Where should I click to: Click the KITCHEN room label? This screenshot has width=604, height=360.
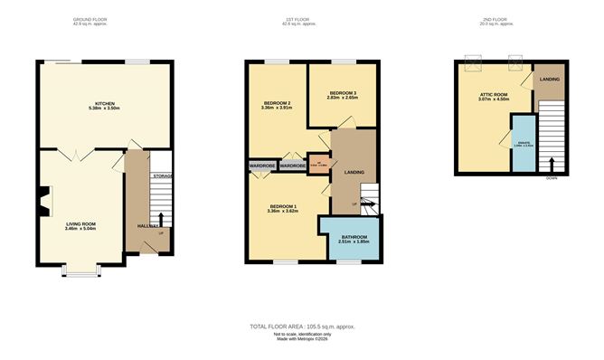[x=105, y=104]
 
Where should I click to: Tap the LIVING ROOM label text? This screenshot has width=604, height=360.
[x=80, y=223]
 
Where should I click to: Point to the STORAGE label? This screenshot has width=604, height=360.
[x=162, y=175]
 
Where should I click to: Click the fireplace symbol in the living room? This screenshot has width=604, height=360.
[x=43, y=201]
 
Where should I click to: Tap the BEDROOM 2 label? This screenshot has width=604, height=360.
[x=276, y=104]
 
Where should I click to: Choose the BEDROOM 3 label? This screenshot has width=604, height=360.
[x=343, y=93]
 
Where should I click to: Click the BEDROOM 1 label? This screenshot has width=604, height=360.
[x=282, y=207]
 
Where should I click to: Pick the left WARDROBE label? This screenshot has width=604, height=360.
[x=262, y=166]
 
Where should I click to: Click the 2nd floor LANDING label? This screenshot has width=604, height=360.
[x=549, y=80]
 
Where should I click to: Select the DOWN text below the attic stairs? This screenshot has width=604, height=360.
[x=551, y=179]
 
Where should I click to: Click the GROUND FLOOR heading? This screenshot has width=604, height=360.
[x=90, y=18]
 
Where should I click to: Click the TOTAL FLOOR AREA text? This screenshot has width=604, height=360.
[x=301, y=326]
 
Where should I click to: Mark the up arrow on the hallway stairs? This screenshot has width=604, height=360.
[x=161, y=218]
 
